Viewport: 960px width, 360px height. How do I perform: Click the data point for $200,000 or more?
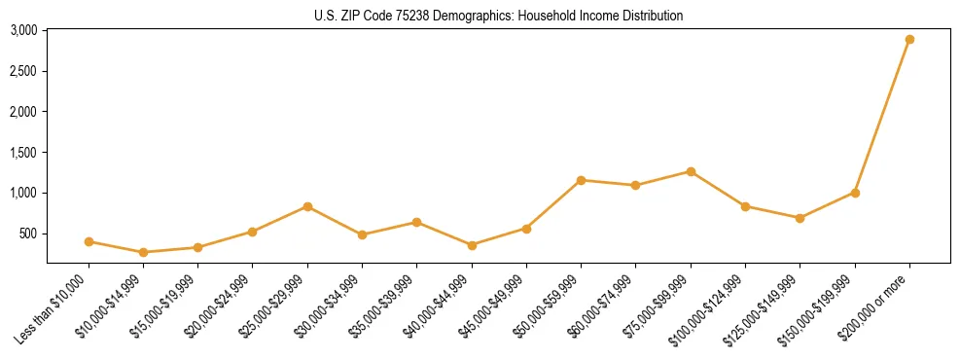909,40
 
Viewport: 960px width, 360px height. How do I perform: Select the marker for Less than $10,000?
89,241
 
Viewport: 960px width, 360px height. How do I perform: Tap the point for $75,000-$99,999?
691,171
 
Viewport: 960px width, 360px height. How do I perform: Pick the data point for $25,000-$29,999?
307,206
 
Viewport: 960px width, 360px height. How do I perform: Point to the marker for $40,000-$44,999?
472,245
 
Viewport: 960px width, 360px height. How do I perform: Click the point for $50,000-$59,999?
581,180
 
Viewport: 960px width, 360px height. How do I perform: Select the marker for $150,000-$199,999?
855,193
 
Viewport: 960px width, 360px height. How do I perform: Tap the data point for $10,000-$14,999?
144,252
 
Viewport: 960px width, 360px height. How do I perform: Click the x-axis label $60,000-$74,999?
605,304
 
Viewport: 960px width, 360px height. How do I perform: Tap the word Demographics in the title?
474,16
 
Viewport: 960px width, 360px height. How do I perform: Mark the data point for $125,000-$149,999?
800,218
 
